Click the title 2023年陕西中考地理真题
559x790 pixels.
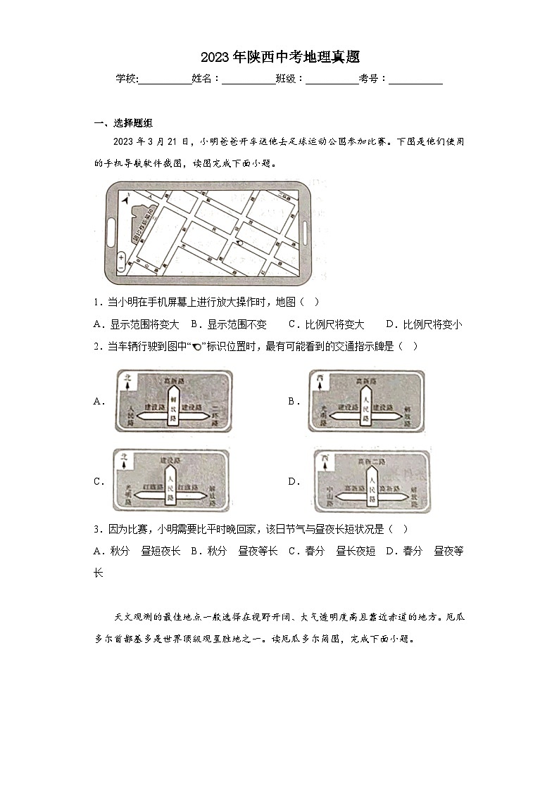pyautogui.click(x=279, y=57)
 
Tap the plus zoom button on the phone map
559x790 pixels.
pyautogui.click(x=122, y=258)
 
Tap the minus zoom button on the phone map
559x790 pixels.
pyautogui.click(x=122, y=268)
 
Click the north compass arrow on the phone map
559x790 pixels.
pyautogui.click(x=125, y=201)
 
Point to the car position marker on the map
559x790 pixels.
pyautogui.click(x=240, y=242)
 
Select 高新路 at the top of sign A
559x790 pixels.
pyautogui.click(x=173, y=380)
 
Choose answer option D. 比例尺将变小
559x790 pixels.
pyautogui.click(x=424, y=324)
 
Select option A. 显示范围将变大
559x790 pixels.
pyautogui.click(x=136, y=324)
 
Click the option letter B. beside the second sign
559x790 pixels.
pyautogui.click(x=294, y=402)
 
